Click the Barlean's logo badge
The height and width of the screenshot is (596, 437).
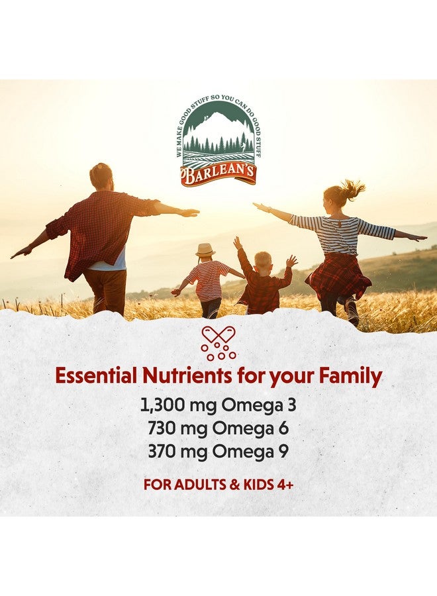click(218, 142)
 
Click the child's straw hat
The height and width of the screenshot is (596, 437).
click(205, 250)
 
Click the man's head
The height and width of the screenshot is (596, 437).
click(101, 175)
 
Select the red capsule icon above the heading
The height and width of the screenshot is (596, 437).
click(218, 342)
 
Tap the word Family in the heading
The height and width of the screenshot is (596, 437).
click(350, 376)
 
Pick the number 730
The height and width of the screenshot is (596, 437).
click(162, 428)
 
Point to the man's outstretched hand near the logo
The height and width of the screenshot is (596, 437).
click(189, 213)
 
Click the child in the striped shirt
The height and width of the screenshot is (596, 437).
click(207, 281)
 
